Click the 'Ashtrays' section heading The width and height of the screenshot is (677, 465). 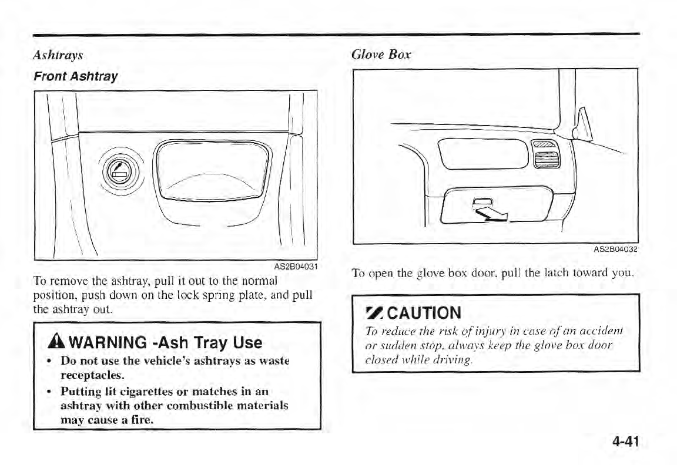coord(58,55)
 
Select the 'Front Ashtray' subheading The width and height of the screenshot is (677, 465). coord(75,76)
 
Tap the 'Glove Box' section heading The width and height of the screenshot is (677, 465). coord(381,55)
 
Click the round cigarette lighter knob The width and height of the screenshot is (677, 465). coord(119,171)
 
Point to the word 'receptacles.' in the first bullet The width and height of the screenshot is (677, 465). coord(94,375)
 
